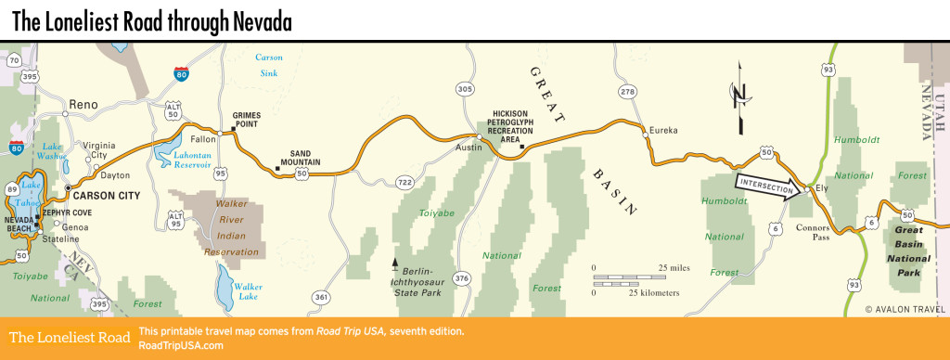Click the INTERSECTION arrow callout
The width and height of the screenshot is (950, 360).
click(766, 185)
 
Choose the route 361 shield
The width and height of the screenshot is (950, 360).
click(321, 297)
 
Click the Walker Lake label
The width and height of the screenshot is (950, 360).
click(248, 291)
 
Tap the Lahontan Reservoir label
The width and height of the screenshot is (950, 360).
click(199, 161)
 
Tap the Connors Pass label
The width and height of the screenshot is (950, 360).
click(815, 227)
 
